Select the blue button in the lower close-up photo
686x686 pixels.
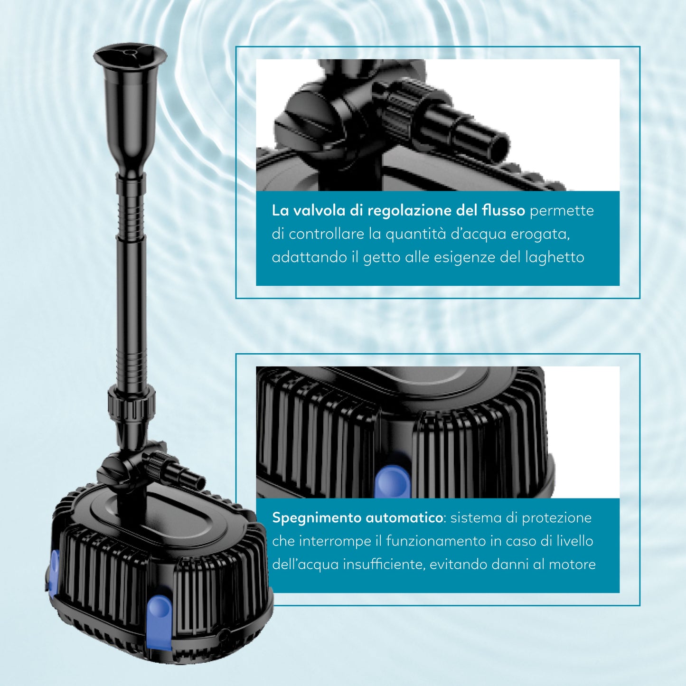[x=393, y=481]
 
